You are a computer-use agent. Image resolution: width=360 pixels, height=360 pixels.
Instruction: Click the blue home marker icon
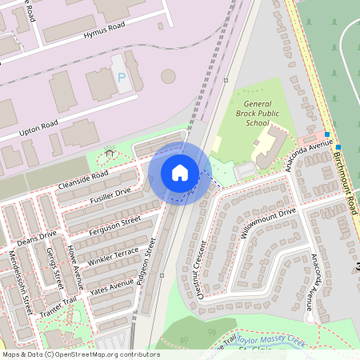click(180, 172)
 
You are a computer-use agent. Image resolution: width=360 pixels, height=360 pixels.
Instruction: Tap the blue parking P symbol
click(122, 78)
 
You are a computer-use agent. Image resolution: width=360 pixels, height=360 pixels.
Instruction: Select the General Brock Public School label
click(258, 113)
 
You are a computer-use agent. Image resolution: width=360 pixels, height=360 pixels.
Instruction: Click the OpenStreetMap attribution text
click(80, 354)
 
